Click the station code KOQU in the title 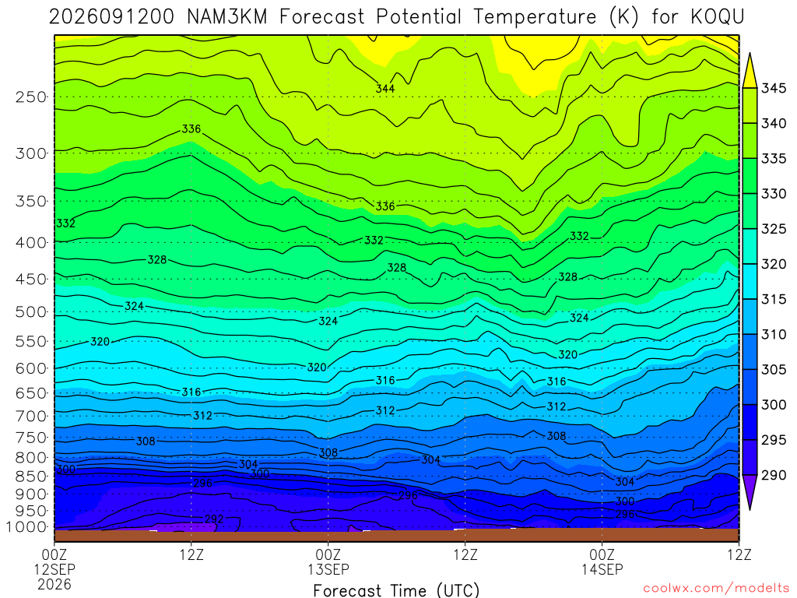[x=717, y=17]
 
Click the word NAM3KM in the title [x=226, y=17]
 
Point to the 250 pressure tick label [x=31, y=97]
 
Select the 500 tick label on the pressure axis [x=31, y=312]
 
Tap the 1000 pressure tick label [x=26, y=527]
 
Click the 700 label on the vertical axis [x=31, y=417]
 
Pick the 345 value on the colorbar [x=773, y=88]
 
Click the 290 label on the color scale [x=773, y=475]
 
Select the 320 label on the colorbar [x=773, y=264]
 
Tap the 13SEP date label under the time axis [x=328, y=569]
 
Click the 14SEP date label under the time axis [x=602, y=569]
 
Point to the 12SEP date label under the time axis [x=54, y=569]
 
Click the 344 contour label [x=385, y=89]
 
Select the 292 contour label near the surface [x=214, y=519]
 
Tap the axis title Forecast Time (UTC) [x=396, y=590]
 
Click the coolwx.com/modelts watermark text [x=716, y=589]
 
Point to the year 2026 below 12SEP [x=54, y=584]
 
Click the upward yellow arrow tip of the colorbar [x=750, y=53]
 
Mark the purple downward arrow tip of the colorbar [x=750, y=509]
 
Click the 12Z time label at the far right [x=739, y=554]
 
